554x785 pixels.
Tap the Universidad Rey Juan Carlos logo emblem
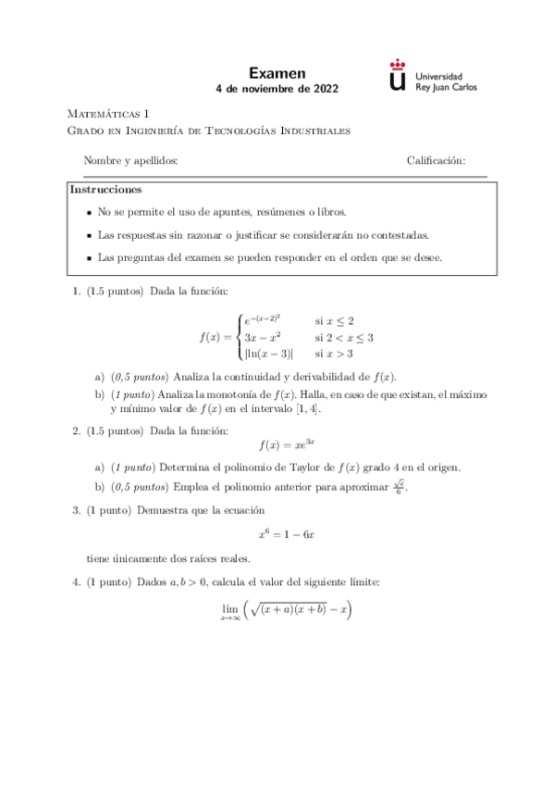[398, 76]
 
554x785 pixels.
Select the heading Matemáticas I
[108, 114]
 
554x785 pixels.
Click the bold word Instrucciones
[106, 190]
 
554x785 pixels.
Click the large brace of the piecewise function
[239, 336]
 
